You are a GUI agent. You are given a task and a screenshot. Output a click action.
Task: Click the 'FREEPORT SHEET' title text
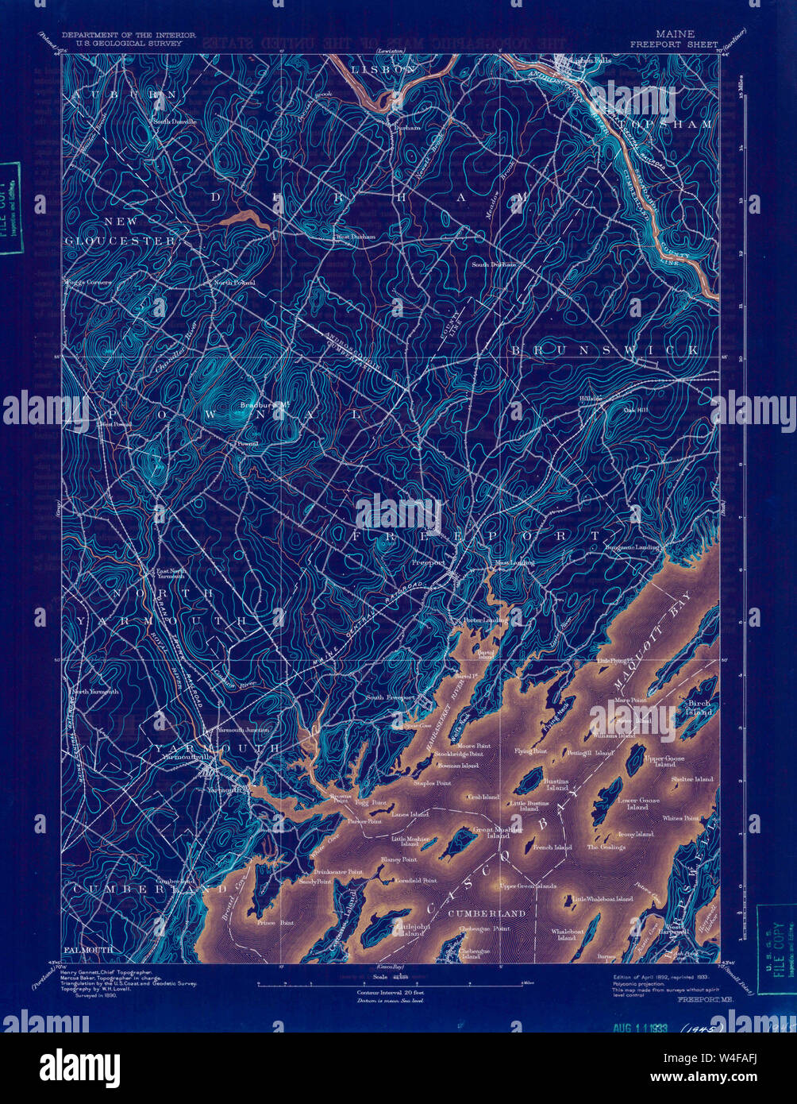click(674, 44)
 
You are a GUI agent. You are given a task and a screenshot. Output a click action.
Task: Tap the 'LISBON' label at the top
click(383, 70)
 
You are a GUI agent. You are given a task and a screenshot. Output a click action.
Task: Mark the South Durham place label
click(494, 264)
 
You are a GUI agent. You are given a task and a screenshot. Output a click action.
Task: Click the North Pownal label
click(233, 283)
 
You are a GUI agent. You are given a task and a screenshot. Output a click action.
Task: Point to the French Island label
click(553, 847)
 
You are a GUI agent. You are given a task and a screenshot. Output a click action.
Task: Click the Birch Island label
click(699, 708)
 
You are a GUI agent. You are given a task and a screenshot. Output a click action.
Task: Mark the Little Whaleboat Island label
click(603, 899)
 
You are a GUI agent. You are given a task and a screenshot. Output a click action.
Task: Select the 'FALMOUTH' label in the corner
click(88, 950)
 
